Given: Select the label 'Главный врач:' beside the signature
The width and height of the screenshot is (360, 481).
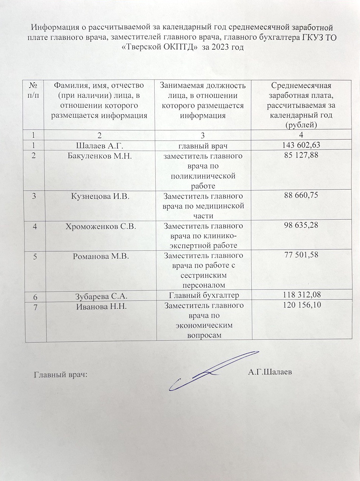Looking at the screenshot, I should pyautogui.click(x=61, y=375).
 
